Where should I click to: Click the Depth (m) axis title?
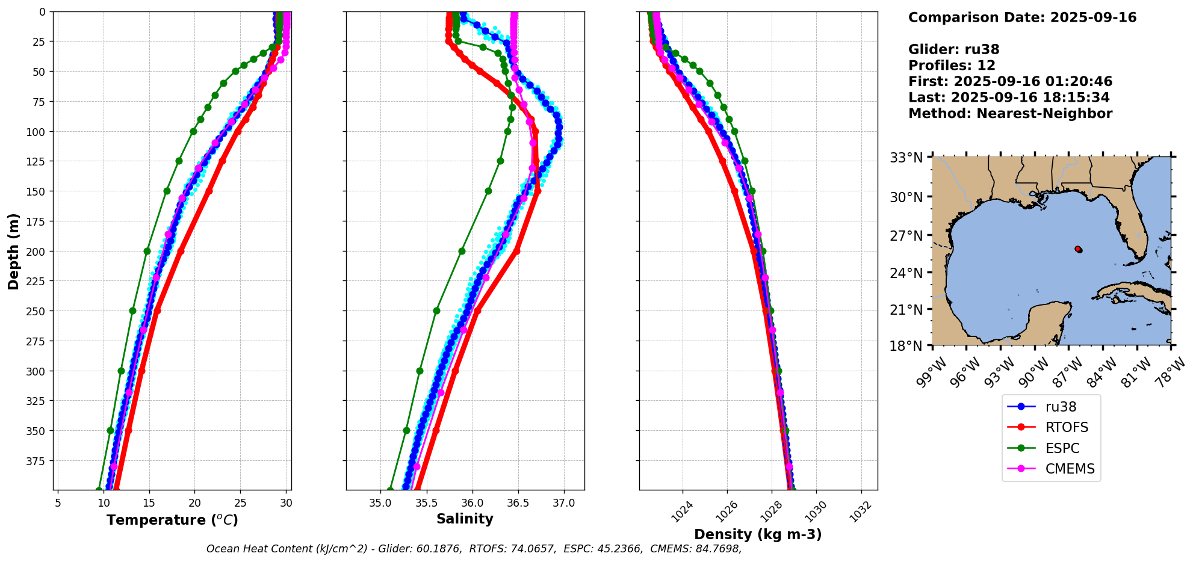13,251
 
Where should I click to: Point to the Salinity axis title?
465,519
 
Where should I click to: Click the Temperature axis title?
172,520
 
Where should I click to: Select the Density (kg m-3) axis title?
758,534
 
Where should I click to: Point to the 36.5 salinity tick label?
518,503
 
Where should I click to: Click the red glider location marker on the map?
1078,249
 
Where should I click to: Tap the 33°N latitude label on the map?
906,158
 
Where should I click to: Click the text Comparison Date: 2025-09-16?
1022,17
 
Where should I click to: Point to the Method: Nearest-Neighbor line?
1010,113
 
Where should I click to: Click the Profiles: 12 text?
952,65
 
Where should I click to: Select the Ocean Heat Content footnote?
474,549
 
